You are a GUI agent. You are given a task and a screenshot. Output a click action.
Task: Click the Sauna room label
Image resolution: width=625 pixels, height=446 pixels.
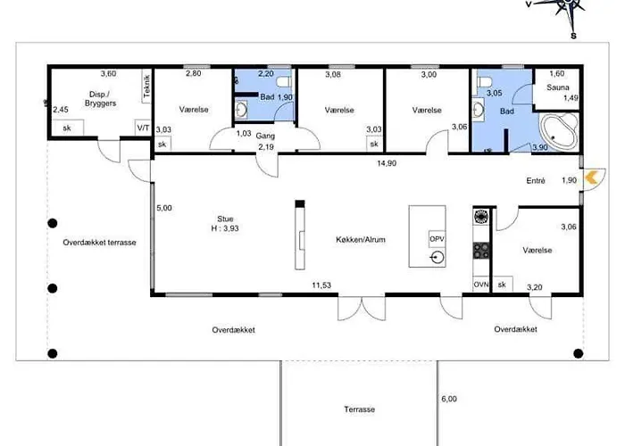(x=558, y=87)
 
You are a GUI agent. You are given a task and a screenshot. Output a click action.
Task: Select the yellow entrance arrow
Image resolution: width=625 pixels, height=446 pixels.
(x=591, y=178)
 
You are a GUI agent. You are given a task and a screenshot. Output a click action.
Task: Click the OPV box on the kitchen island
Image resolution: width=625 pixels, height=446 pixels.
(x=437, y=239)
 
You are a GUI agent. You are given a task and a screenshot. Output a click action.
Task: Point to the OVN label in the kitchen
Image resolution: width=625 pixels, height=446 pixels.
(x=481, y=285)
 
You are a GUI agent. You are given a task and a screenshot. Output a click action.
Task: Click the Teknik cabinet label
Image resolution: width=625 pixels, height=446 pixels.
(x=146, y=86)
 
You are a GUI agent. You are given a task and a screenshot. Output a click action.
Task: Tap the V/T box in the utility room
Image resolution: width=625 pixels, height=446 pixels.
(x=143, y=128)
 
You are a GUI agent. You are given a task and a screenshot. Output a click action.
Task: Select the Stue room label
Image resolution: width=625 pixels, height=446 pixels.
(x=225, y=219)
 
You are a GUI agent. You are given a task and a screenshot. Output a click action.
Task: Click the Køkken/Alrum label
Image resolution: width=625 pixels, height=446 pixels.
(x=361, y=240)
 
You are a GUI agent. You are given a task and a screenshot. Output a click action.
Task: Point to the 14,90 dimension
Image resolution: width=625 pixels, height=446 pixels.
(x=387, y=163)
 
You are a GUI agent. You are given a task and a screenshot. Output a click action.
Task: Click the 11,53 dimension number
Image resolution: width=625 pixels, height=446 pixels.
(x=321, y=285)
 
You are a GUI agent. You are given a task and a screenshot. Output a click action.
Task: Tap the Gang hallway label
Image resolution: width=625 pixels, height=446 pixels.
(x=265, y=136)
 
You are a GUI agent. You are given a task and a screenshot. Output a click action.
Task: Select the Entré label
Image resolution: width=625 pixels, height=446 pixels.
(x=536, y=181)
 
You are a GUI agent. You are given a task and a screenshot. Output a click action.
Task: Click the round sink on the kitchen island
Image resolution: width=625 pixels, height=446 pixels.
(x=437, y=259)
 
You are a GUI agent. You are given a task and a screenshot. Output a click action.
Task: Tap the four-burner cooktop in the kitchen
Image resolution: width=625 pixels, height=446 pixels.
(x=481, y=251)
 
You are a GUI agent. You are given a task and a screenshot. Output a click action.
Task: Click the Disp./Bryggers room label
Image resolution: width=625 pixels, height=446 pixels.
(x=100, y=99)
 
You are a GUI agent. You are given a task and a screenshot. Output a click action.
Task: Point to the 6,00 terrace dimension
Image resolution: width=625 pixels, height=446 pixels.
(x=449, y=399)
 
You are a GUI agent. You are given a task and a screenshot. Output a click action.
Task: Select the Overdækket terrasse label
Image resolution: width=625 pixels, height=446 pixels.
(x=99, y=243)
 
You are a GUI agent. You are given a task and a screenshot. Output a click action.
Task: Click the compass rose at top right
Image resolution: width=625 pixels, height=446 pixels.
(x=565, y=9)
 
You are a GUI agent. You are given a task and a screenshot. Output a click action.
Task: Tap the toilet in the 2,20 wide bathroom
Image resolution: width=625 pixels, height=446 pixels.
(x=284, y=82)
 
